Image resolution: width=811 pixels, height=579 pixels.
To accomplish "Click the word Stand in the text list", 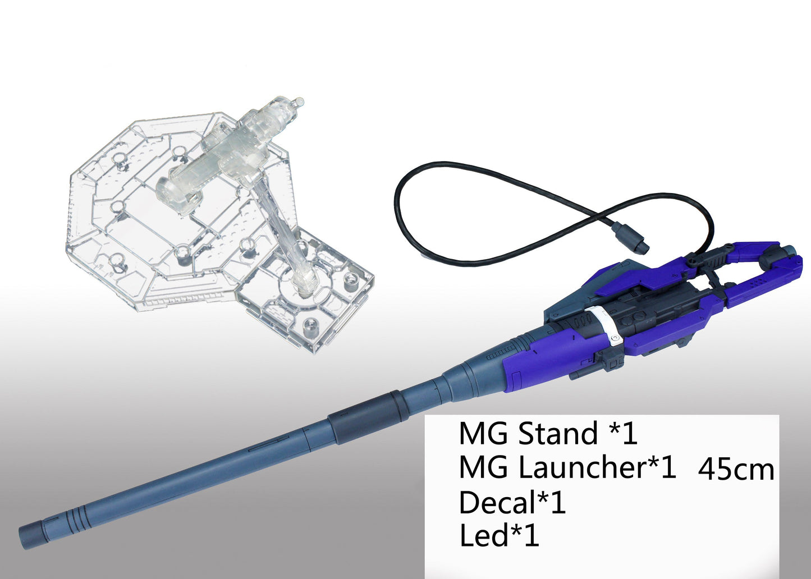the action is [x=557, y=433].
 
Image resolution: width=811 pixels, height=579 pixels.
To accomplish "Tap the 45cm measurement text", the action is [x=736, y=470].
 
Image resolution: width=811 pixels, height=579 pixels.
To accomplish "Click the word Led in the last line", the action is [x=484, y=535].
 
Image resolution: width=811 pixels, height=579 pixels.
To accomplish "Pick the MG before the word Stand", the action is [x=483, y=433].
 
